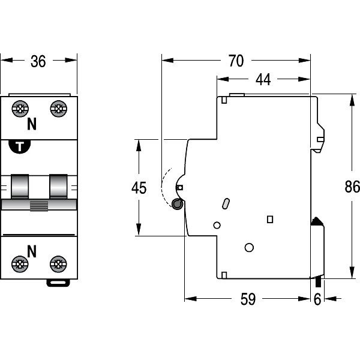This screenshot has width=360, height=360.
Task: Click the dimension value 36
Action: coord(38,61)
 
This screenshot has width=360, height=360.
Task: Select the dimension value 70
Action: coord(236,61)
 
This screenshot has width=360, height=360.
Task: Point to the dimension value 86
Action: coord(352,187)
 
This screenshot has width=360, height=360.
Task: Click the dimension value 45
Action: coord(139,188)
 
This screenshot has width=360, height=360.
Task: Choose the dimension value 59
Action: coord(247,299)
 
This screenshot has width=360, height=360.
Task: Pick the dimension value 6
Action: coord(317,299)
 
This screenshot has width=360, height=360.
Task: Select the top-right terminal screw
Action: coord(58,109)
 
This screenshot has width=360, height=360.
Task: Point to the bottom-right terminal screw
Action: coord(58,263)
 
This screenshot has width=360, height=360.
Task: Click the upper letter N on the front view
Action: coord(32,125)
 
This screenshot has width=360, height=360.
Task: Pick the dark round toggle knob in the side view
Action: coord(178,205)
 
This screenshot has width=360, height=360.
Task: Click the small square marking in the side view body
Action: coord(269,220)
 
